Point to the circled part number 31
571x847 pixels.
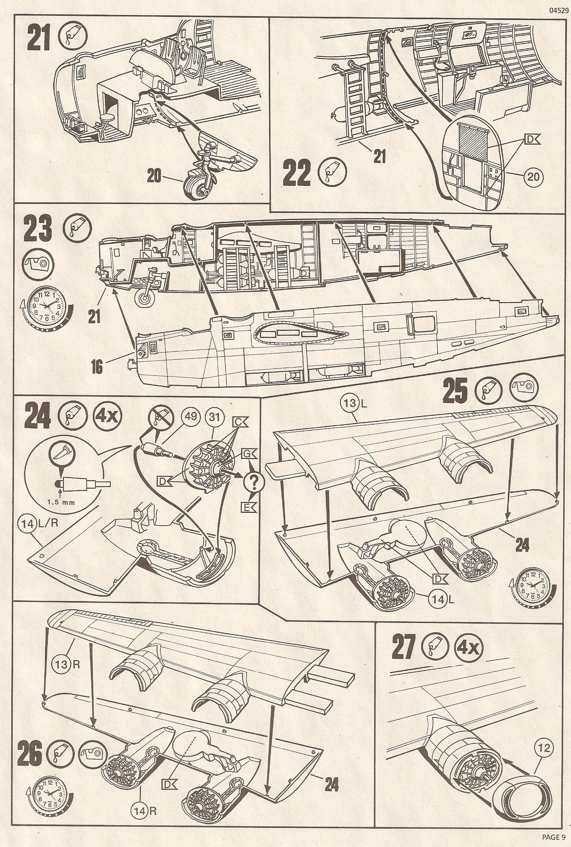tap(214, 417)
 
